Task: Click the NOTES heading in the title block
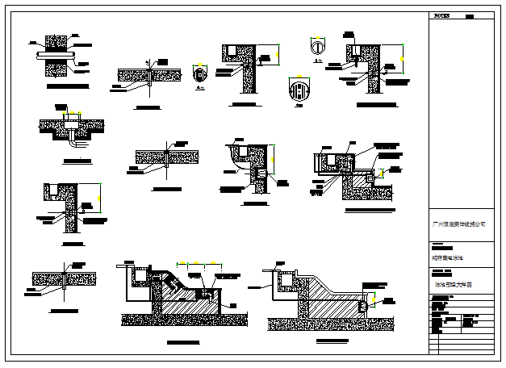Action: [442, 15]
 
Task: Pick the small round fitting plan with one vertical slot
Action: [319, 47]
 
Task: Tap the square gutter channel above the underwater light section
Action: [286, 279]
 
